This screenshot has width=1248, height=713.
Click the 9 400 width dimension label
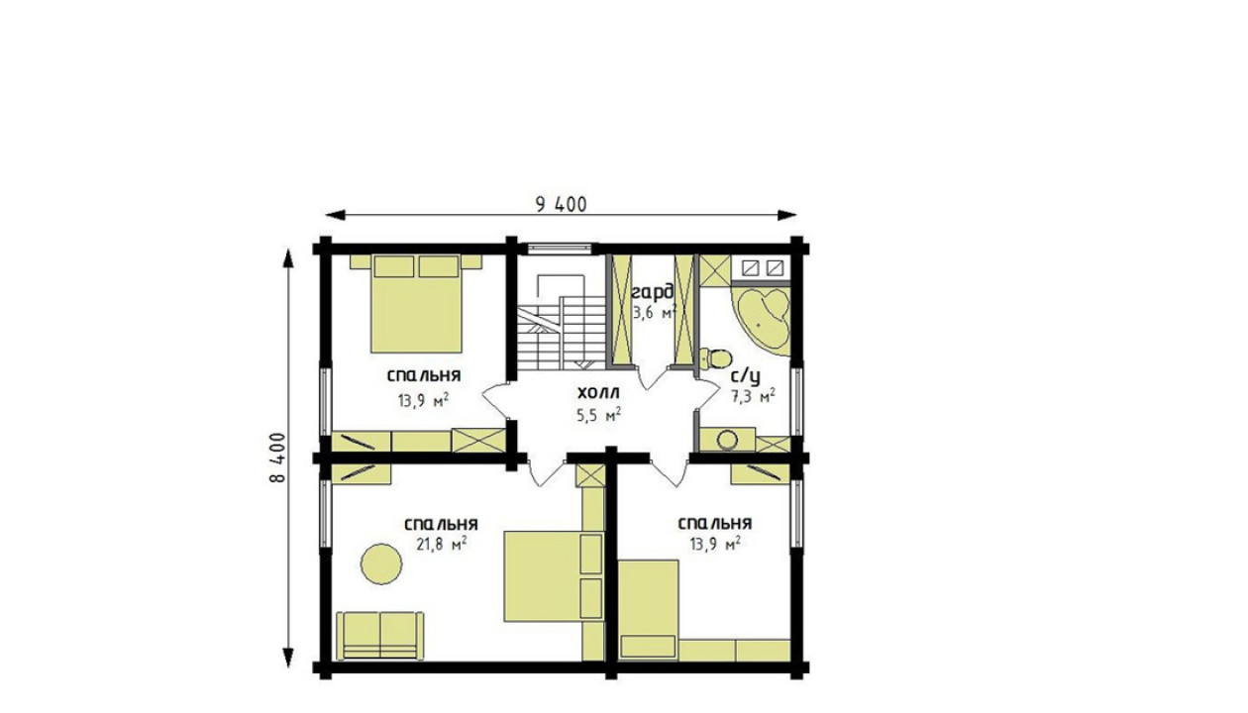coord(561,205)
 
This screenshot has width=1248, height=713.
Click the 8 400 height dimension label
coord(277,458)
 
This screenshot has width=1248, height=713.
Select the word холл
coord(598,393)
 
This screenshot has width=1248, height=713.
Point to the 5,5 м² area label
coord(599,416)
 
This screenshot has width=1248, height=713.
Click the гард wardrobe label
coord(653,292)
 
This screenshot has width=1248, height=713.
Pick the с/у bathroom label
coord(746,377)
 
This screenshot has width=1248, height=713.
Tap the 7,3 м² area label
coord(753,396)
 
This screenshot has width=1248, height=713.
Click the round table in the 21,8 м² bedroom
coord(381,563)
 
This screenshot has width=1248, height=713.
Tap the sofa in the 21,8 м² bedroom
coord(380,636)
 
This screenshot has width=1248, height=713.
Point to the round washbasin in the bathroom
coord(727,440)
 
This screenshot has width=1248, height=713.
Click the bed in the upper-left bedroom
coord(416,304)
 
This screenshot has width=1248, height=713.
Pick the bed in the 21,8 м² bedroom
coord(554,576)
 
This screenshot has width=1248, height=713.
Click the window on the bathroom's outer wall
coord(797,401)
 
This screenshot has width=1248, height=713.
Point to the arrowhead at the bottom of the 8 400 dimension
coord(288,658)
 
